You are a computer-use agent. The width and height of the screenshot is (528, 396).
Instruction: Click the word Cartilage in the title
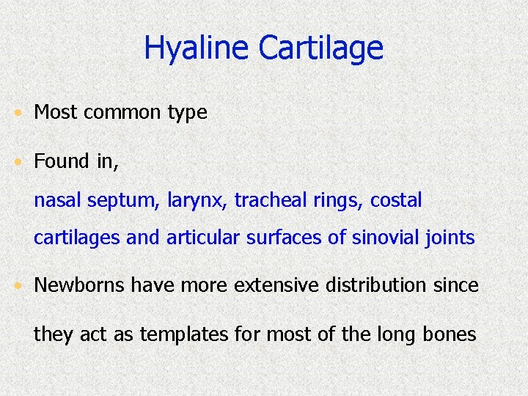pyautogui.click(x=320, y=48)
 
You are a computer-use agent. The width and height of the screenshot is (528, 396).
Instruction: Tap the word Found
pyautogui.click(x=60, y=161)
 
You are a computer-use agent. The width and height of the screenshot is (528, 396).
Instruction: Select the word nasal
pyautogui.click(x=57, y=200)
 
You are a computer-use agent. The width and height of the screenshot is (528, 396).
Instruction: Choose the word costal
pyautogui.click(x=396, y=200)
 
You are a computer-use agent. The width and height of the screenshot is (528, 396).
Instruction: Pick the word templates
pyautogui.click(x=185, y=335)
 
